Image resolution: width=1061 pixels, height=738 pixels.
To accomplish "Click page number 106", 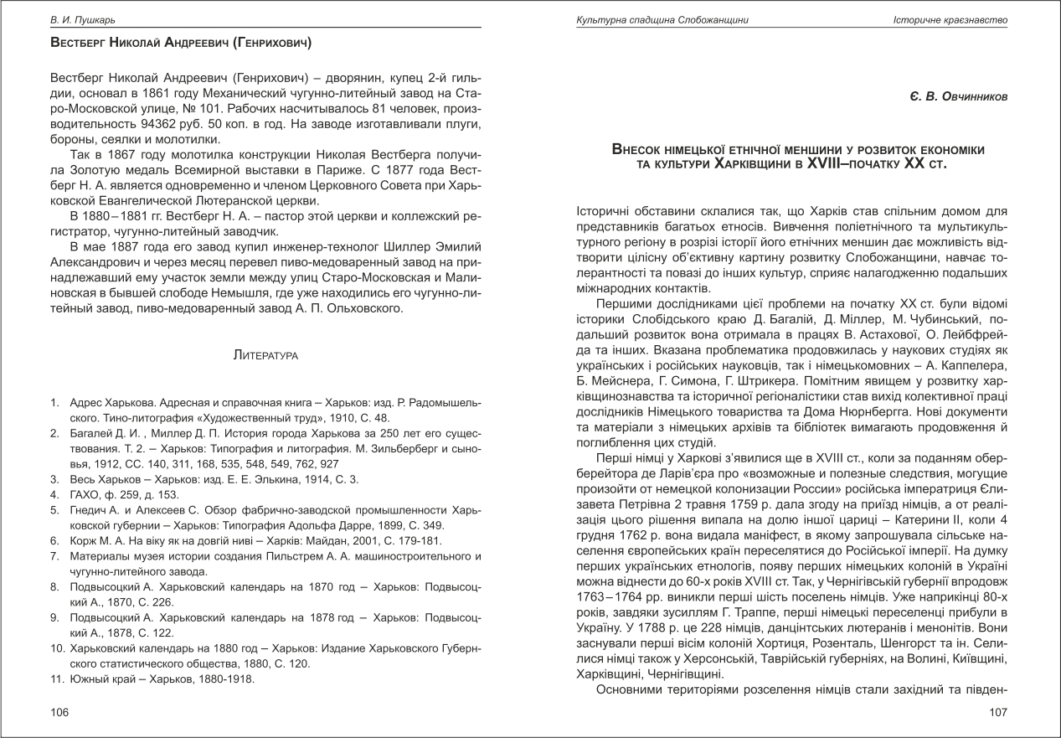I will (58, 712).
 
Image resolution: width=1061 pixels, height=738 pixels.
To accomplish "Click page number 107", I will (997, 712).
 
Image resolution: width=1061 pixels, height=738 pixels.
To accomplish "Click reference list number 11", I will (55, 679).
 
